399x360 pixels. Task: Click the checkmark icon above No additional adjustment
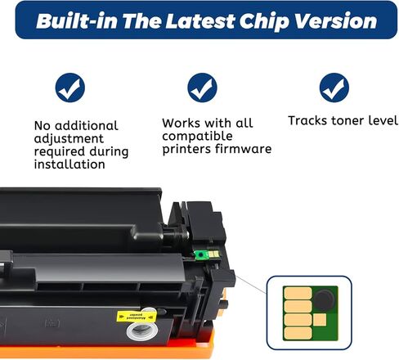69,88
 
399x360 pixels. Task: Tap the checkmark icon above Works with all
201,88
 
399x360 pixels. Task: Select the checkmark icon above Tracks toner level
334,88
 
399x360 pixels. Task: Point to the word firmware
244,149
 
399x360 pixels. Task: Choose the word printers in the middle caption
189,149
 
